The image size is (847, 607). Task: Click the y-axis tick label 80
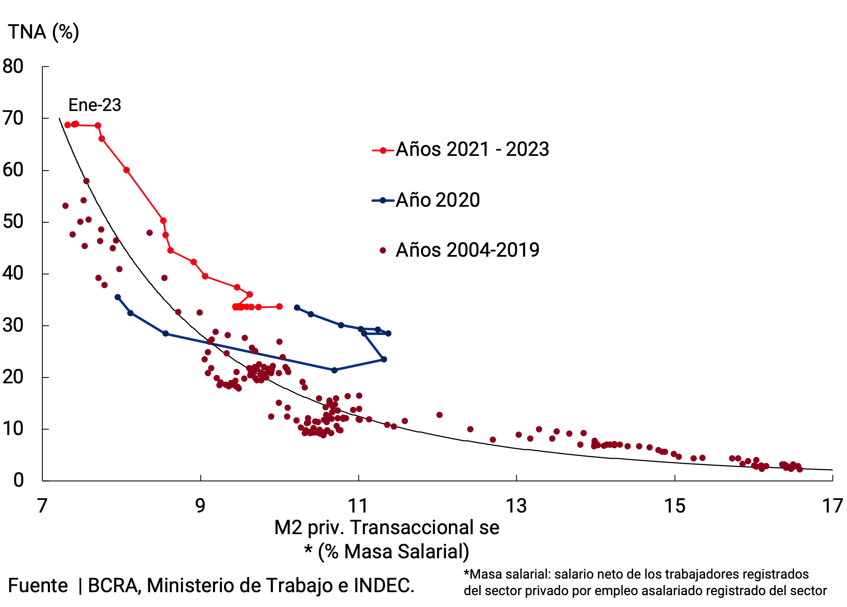point(13,67)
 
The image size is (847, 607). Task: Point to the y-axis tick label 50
point(13,222)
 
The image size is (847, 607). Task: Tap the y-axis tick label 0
point(18,480)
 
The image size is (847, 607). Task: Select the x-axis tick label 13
point(516,506)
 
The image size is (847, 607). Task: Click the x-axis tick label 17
point(832,506)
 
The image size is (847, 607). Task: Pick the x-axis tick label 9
point(200,506)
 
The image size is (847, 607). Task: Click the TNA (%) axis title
point(44,32)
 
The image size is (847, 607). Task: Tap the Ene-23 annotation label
point(95,105)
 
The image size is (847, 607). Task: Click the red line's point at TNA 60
point(126,170)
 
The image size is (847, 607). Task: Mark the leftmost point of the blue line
point(118,297)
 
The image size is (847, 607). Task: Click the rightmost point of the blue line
point(388,333)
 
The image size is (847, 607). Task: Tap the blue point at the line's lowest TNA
point(334,370)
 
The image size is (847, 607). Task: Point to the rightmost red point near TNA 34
point(279,306)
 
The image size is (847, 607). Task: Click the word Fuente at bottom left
point(38,585)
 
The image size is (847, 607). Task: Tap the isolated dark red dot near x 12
point(439,415)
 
